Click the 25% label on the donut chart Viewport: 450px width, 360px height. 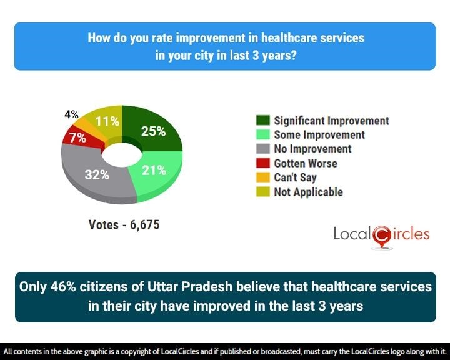(153, 131)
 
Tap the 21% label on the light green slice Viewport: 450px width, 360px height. (153, 170)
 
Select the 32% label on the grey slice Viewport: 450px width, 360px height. (97, 175)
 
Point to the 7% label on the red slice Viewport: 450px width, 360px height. (77, 138)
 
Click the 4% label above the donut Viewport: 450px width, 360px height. (71, 115)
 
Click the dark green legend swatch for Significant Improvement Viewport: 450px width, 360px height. (262, 121)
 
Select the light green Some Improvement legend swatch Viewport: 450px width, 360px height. (262, 135)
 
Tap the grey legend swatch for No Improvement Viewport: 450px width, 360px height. (262, 149)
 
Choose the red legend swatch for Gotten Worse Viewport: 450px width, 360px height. (262, 164)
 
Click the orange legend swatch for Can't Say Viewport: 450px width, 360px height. (262, 178)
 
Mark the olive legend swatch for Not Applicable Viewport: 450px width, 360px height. (262, 192)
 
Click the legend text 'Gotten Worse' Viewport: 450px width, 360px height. (305, 164)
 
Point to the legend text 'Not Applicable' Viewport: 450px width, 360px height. (308, 192)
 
